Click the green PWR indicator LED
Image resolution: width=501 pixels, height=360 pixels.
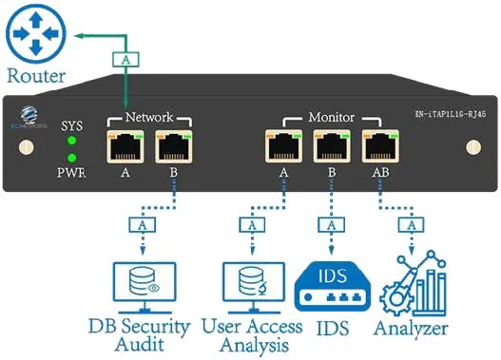pyautogui.click(x=70, y=158)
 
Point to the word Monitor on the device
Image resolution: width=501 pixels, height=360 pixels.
pyautogui.click(x=331, y=118)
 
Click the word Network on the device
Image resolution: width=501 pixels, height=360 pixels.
pyautogui.click(x=150, y=118)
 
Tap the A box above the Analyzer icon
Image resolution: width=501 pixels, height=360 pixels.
pyautogui.click(x=411, y=227)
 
